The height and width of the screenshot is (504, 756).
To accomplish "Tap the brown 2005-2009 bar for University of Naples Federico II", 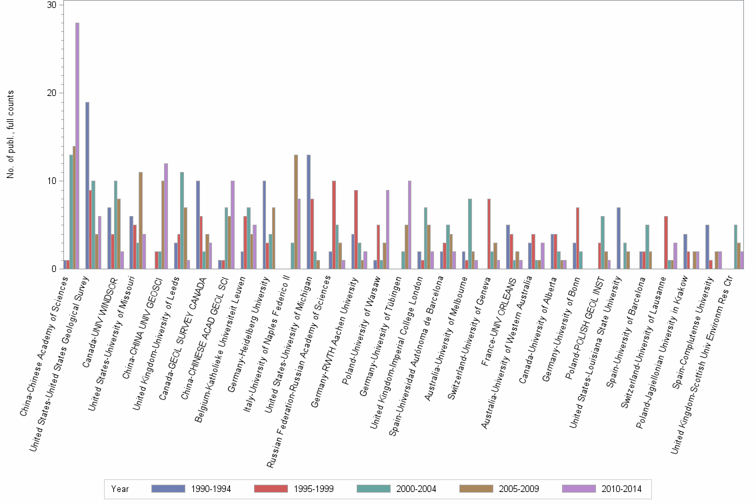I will [x=296, y=212].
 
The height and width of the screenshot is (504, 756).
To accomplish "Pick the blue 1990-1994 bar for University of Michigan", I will [x=309, y=212].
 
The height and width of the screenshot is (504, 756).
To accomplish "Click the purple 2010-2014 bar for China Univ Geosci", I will [x=166, y=216].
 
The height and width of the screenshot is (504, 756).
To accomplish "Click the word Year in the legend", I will [x=121, y=489].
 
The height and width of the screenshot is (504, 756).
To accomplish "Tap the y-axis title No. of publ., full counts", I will [x=11, y=137].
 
